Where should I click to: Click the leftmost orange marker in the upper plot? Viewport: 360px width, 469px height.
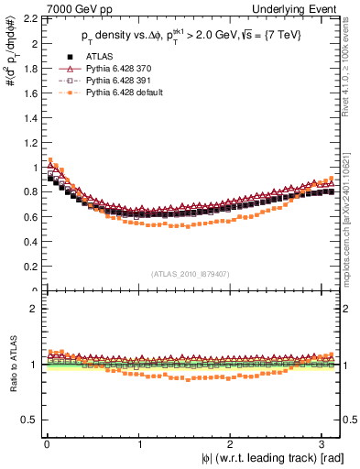(x=50, y=160)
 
